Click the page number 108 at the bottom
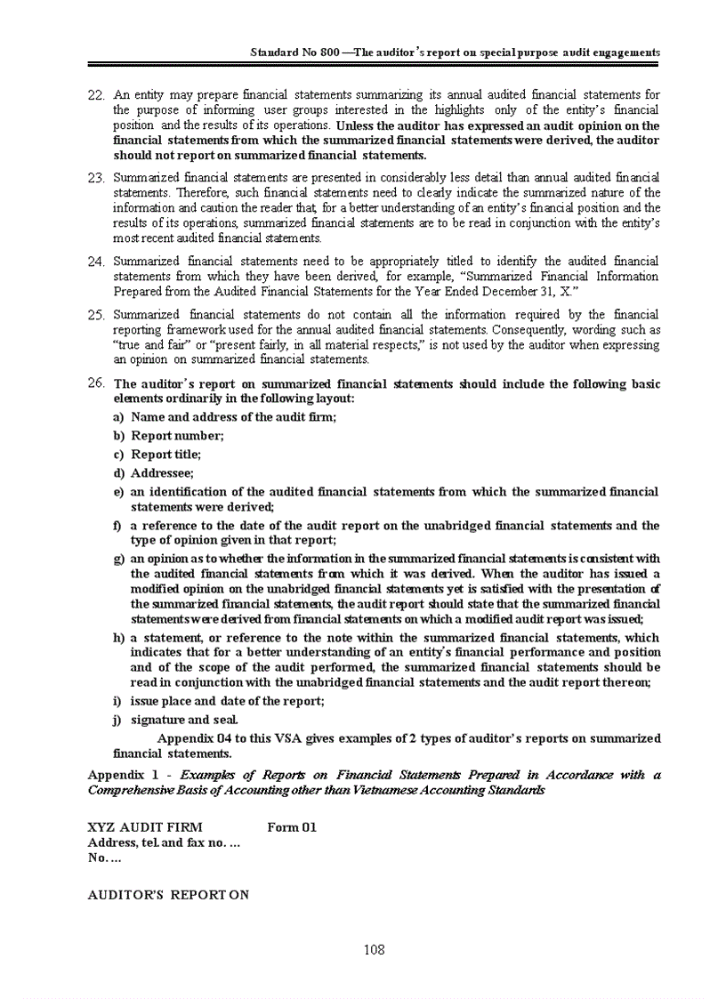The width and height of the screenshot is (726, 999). pos(375,949)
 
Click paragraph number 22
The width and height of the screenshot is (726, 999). pos(97,94)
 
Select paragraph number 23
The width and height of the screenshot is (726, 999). pos(97,178)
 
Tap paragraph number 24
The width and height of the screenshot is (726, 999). pos(97,261)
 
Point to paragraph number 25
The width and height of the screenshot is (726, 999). pos(97,315)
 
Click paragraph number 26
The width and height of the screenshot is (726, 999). pos(97,383)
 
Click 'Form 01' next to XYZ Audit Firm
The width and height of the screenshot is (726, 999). pos(292,827)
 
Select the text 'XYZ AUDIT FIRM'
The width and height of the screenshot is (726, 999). pos(145,827)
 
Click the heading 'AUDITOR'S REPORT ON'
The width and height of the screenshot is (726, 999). pos(168,894)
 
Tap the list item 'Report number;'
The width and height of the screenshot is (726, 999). pos(177,435)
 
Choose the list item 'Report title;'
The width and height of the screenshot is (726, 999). pos(165,454)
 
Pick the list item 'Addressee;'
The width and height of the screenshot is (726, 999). pos(162,472)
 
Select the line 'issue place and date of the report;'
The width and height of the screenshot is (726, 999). pos(227,701)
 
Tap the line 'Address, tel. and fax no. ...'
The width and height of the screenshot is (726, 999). pos(164,842)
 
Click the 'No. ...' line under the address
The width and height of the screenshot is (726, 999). pos(104,858)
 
